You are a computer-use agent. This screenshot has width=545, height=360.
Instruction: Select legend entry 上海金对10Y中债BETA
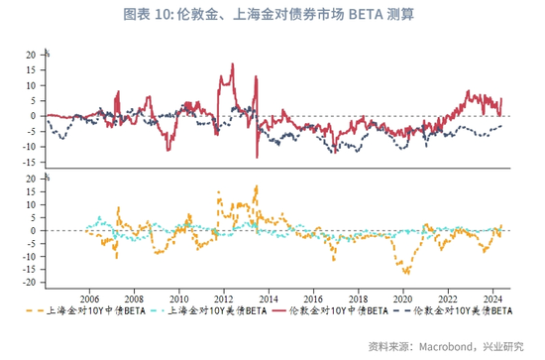click(x=85, y=310)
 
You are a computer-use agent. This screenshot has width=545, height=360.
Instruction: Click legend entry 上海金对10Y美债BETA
click(x=209, y=310)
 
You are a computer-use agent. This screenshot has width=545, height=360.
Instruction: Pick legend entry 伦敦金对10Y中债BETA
click(x=330, y=310)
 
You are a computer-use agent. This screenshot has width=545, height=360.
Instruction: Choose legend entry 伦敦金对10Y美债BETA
click(x=453, y=310)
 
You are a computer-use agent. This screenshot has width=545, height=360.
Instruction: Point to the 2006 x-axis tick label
click(x=89, y=300)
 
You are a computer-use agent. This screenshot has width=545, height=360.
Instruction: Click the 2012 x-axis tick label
click(x=224, y=300)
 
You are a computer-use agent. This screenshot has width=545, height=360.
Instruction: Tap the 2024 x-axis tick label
click(x=492, y=300)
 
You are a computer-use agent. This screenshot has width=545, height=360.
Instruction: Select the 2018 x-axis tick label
click(x=359, y=300)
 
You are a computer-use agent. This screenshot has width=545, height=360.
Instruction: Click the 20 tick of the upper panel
click(x=31, y=55)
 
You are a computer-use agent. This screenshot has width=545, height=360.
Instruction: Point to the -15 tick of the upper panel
click(x=29, y=162)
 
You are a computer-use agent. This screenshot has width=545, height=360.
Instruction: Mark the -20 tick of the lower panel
click(x=29, y=283)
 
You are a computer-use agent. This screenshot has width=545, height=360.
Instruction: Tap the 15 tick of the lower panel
click(x=31, y=191)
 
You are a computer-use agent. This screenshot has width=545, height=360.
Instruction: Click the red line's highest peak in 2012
click(x=233, y=63)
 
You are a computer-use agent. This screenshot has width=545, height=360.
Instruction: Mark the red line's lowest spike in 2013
click(x=257, y=158)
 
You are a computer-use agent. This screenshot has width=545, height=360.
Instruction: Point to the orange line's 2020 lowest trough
click(x=407, y=274)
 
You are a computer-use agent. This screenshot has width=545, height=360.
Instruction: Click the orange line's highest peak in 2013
click(x=257, y=186)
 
